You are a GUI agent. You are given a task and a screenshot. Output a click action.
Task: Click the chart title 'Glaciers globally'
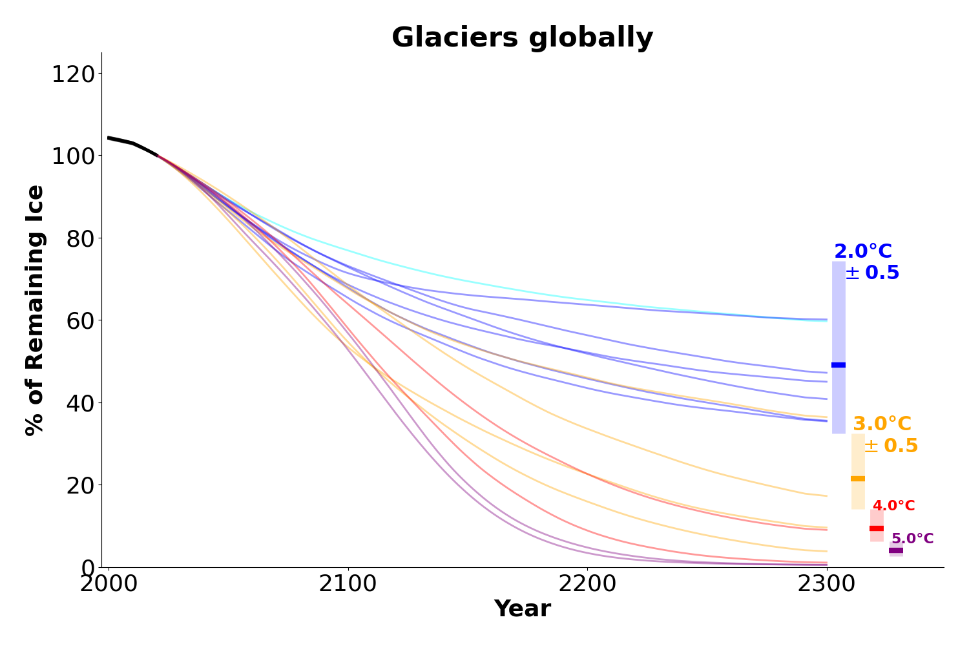pyautogui.click(x=522, y=37)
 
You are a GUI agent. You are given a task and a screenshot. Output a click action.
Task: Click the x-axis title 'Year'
pyautogui.click(x=522, y=609)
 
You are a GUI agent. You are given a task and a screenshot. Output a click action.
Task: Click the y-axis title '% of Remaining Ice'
pyautogui.click(x=35, y=310)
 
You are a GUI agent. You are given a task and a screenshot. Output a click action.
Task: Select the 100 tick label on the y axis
pyautogui.click(x=73, y=156)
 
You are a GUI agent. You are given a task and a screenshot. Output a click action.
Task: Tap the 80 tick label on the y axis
pyautogui.click(x=81, y=239)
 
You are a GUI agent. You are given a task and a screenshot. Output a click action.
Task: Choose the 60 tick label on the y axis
pyautogui.click(x=81, y=321)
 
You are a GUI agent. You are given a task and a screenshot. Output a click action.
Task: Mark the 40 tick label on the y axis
pyautogui.click(x=81, y=403)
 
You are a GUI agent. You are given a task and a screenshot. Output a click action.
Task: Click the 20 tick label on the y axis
pyautogui.click(x=81, y=486)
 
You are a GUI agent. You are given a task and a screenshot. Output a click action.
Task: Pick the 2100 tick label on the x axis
pyautogui.click(x=348, y=584)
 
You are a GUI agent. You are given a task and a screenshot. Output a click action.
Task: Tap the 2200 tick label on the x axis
pyautogui.click(x=587, y=584)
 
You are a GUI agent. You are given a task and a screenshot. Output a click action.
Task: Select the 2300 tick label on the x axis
pyautogui.click(x=826, y=584)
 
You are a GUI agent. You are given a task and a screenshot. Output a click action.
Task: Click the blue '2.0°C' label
pyautogui.click(x=863, y=251)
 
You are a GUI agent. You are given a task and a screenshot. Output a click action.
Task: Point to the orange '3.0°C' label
pyautogui.click(x=882, y=424)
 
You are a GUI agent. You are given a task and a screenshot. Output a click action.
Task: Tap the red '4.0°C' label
pyautogui.click(x=893, y=505)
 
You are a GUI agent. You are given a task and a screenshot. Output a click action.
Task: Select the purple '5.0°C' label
pyautogui.click(x=913, y=538)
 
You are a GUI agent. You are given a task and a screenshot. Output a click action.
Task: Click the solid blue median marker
pyautogui.click(x=839, y=365)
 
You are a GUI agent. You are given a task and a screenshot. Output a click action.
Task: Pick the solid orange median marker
pyautogui.click(x=858, y=479)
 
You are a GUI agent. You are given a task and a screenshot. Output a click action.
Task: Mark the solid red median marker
pyautogui.click(x=877, y=528)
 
